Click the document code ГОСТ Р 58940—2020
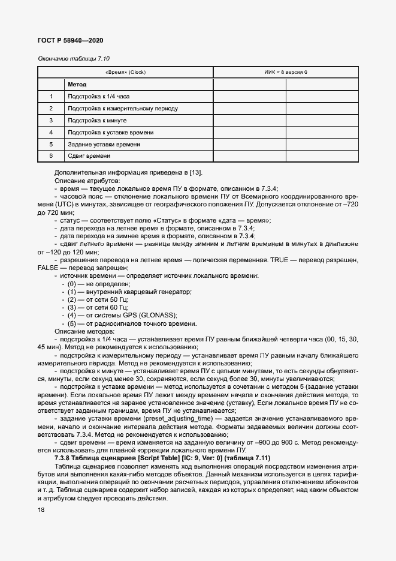click(x=70, y=41)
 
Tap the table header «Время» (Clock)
click(x=126, y=72)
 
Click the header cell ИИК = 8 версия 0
click(x=286, y=72)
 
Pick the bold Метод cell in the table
click(x=77, y=85)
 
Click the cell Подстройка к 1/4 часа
click(x=98, y=97)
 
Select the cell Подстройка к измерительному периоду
click(x=122, y=109)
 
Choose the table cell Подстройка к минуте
click(x=96, y=121)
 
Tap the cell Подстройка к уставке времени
click(x=110, y=133)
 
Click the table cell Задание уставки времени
click(x=104, y=145)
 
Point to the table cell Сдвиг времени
click(x=89, y=156)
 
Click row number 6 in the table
click(x=51, y=156)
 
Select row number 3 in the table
click(x=51, y=121)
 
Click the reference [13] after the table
click(x=195, y=173)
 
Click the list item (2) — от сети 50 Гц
click(x=99, y=299)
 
